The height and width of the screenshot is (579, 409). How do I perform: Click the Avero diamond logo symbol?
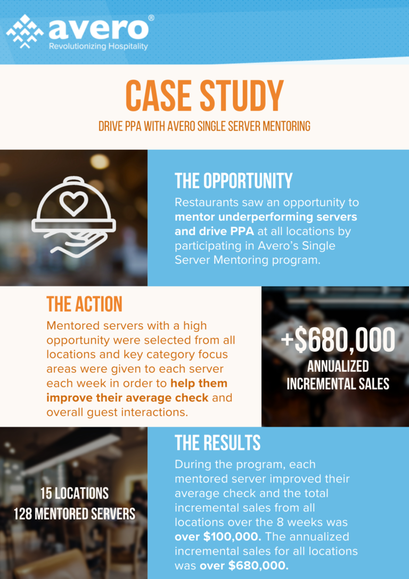click(24, 31)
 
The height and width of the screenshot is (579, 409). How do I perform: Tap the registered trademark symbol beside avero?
click(151, 18)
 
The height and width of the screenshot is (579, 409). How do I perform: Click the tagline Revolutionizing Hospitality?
click(99, 46)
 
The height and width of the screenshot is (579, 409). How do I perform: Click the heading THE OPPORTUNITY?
click(233, 181)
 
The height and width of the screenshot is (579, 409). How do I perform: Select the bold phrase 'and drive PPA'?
click(214, 231)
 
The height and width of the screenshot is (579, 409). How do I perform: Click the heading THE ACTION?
click(84, 304)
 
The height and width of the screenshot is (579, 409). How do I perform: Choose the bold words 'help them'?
click(199, 383)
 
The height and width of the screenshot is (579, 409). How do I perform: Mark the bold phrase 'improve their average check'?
click(127, 398)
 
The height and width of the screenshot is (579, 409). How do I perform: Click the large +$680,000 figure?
click(338, 340)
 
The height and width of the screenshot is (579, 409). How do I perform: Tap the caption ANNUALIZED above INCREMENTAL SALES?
click(338, 366)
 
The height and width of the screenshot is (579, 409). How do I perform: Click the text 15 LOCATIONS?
click(75, 493)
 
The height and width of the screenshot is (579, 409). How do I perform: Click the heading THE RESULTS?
click(217, 443)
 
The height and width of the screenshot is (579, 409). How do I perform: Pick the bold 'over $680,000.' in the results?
click(243, 565)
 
